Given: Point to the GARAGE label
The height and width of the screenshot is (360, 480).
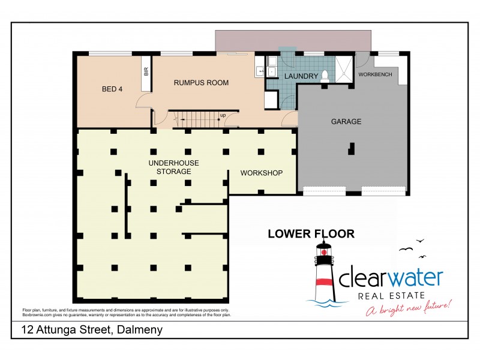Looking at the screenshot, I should pos(346,121).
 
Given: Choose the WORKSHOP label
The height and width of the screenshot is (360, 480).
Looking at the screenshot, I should pos(261,173).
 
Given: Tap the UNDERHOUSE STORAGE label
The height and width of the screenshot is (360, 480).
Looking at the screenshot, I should pos(174,167).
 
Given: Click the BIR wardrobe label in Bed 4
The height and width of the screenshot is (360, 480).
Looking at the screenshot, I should pos(146,72).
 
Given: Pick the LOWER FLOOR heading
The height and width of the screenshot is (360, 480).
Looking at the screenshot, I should pos(311,233).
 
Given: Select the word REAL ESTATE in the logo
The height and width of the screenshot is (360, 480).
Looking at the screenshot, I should pos(392,295).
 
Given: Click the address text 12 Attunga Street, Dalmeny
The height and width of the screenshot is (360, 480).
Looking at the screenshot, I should pos(92,330).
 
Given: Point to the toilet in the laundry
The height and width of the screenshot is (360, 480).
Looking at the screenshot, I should pos(325,75).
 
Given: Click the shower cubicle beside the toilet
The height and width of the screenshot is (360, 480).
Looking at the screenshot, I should pos(345,68).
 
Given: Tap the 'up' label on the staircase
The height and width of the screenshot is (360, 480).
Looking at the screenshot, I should pos(223,115).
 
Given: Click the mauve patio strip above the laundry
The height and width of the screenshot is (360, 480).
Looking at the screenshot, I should pos(293,40).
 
